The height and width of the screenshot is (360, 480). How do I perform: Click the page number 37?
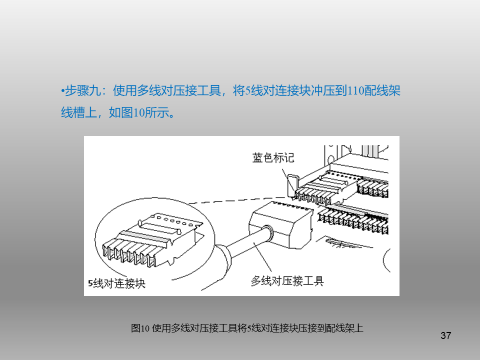pos(445,335)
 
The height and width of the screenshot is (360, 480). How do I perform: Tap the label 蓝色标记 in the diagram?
pos(273,157)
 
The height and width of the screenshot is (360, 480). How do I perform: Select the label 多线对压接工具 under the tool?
pos(287,280)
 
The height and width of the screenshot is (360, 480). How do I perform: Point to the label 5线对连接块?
pos(116,283)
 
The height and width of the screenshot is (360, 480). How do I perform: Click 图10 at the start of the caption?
pos(140,328)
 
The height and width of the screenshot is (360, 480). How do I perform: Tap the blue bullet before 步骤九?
pos(62,90)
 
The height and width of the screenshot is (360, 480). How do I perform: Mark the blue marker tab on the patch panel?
pos(291,185)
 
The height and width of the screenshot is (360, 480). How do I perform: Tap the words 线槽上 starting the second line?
pos(79,112)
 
